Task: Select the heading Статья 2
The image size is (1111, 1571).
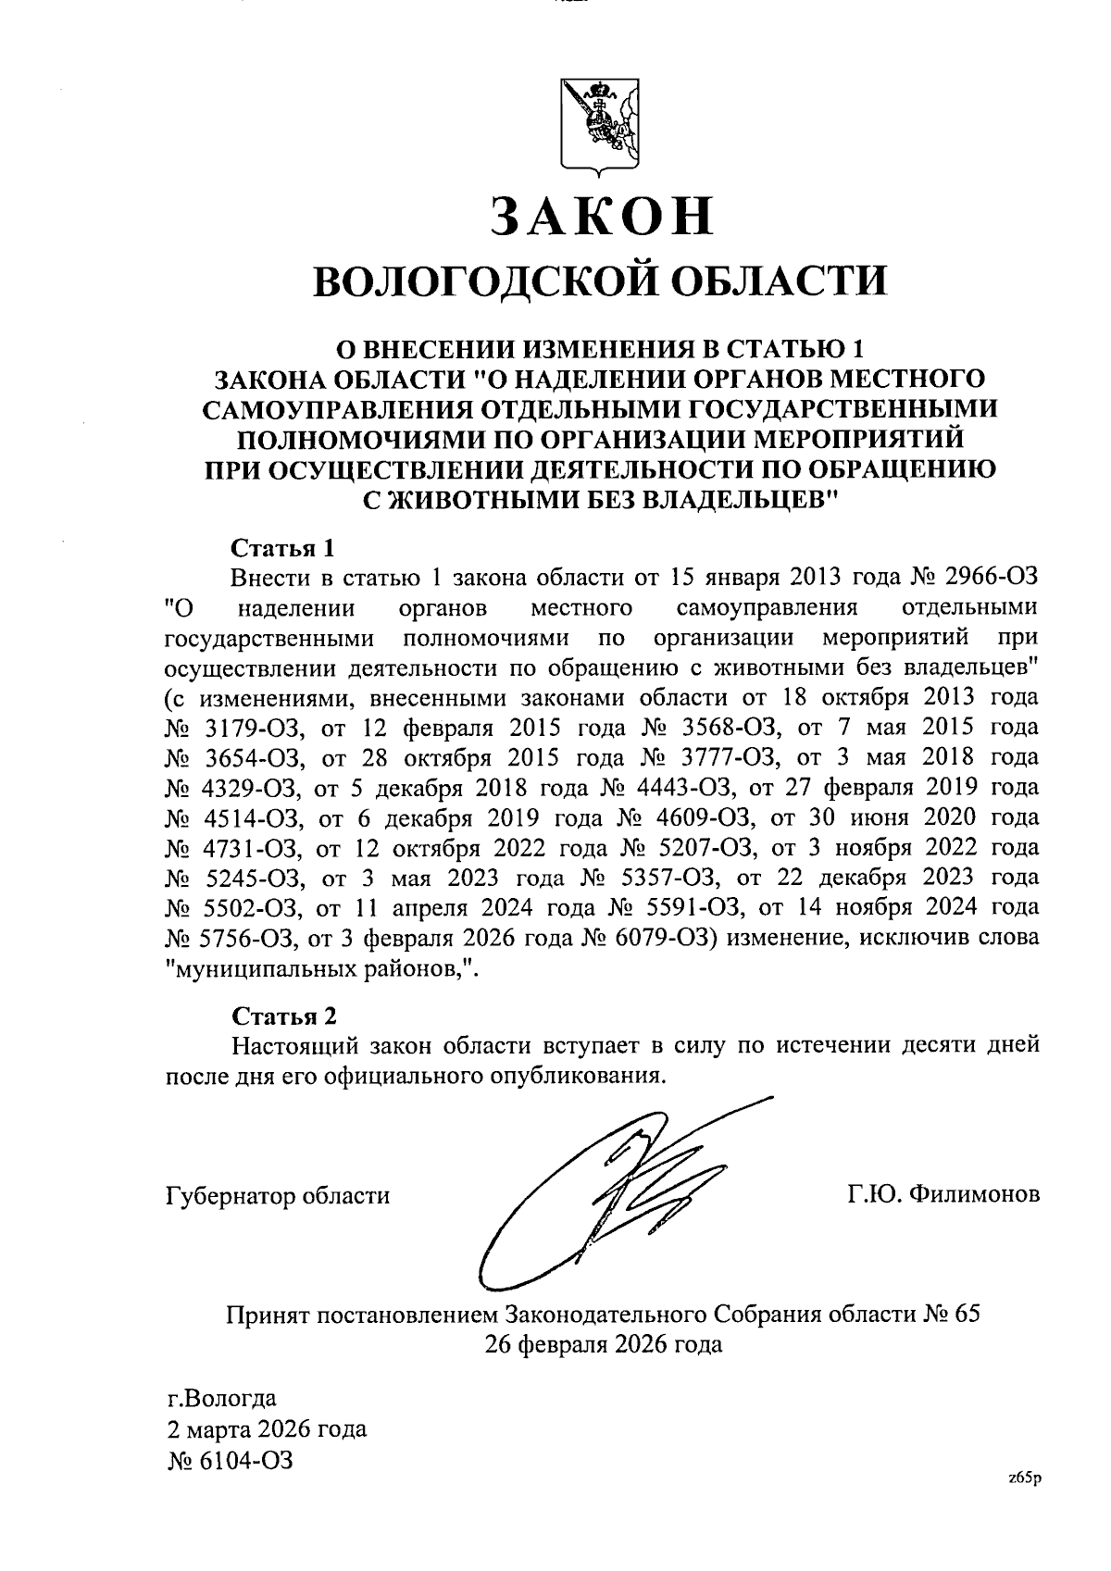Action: coord(282,1016)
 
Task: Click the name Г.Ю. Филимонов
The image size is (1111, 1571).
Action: coord(943,1195)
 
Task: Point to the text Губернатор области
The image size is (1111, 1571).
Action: coord(277,1195)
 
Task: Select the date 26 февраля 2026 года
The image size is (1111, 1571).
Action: coord(603,1344)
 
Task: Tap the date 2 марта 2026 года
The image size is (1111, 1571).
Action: coord(266,1428)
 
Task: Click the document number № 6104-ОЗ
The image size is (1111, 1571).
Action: coord(229,1461)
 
